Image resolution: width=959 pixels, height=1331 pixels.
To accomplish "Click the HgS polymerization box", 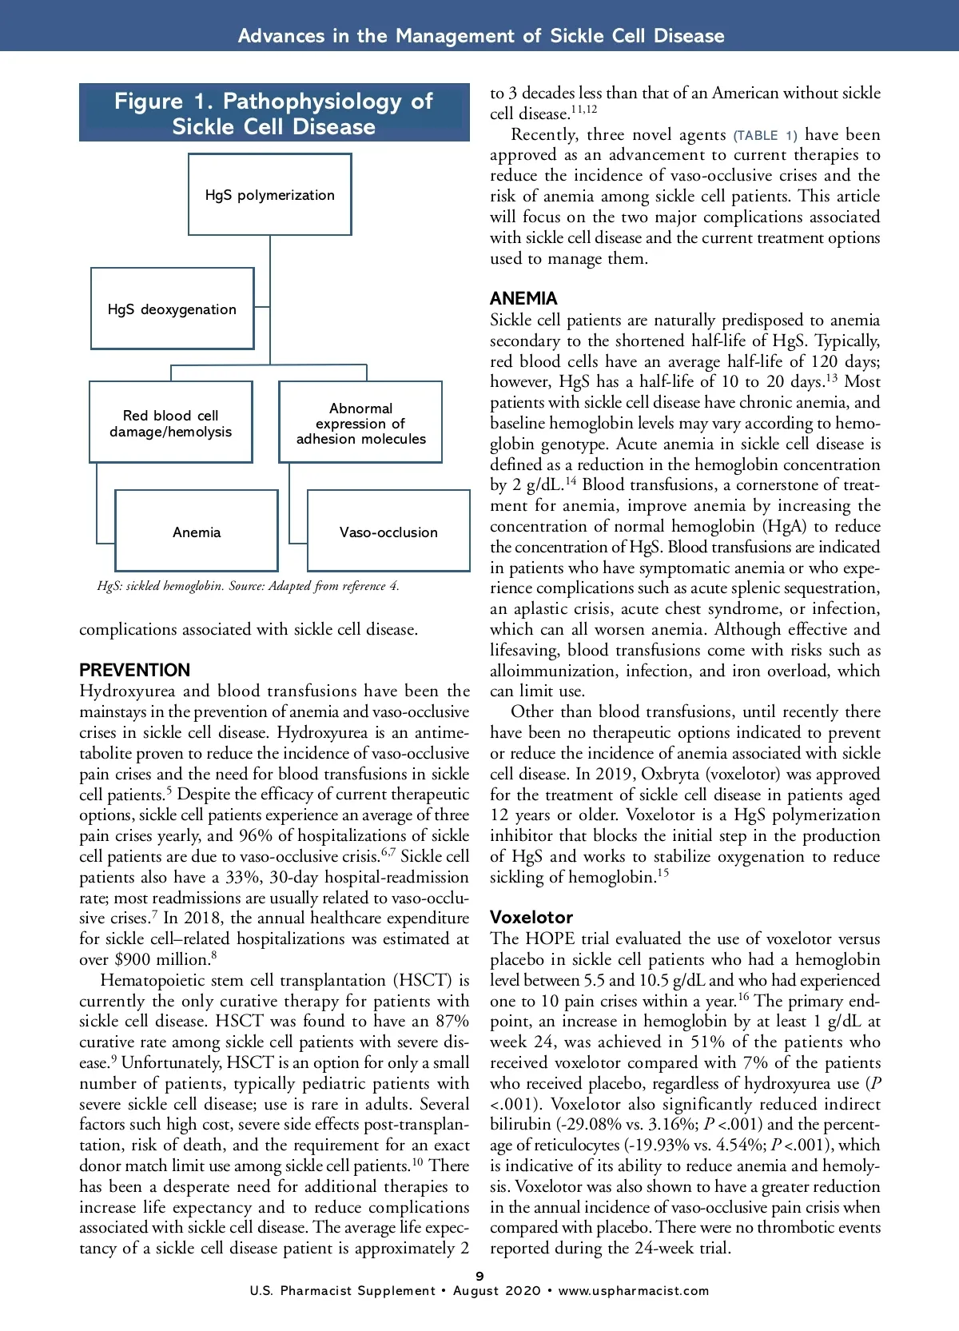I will coord(270,195).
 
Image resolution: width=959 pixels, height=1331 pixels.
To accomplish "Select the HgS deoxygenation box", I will coord(173,309).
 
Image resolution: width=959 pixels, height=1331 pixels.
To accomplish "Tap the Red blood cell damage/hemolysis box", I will coord(171,423).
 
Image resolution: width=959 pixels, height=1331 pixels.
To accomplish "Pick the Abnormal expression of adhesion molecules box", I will coord(360,423).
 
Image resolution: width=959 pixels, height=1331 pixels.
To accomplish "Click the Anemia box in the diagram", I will coord(197,532).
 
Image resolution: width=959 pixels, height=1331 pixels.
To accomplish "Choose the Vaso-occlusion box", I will coord(388,532).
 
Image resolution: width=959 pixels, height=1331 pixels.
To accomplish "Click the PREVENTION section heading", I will coord(134,670).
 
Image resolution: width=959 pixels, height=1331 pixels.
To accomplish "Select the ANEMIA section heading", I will coord(523,298).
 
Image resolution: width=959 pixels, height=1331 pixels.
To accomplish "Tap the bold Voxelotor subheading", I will coord(531,917).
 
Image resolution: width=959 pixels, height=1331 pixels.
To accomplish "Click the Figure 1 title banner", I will coord(274,114).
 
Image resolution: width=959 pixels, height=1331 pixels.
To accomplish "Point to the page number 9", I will coord(479,1276).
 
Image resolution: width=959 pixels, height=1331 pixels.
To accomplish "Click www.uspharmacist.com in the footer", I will coord(634,1290).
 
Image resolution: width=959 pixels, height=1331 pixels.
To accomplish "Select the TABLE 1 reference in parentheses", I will coord(765,135).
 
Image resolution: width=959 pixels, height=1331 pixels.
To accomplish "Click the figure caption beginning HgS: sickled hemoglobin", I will coord(248,586).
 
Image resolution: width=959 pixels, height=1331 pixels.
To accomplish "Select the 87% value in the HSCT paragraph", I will coord(451,1022).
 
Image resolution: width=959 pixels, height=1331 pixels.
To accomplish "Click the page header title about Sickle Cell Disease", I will coord(481,36).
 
